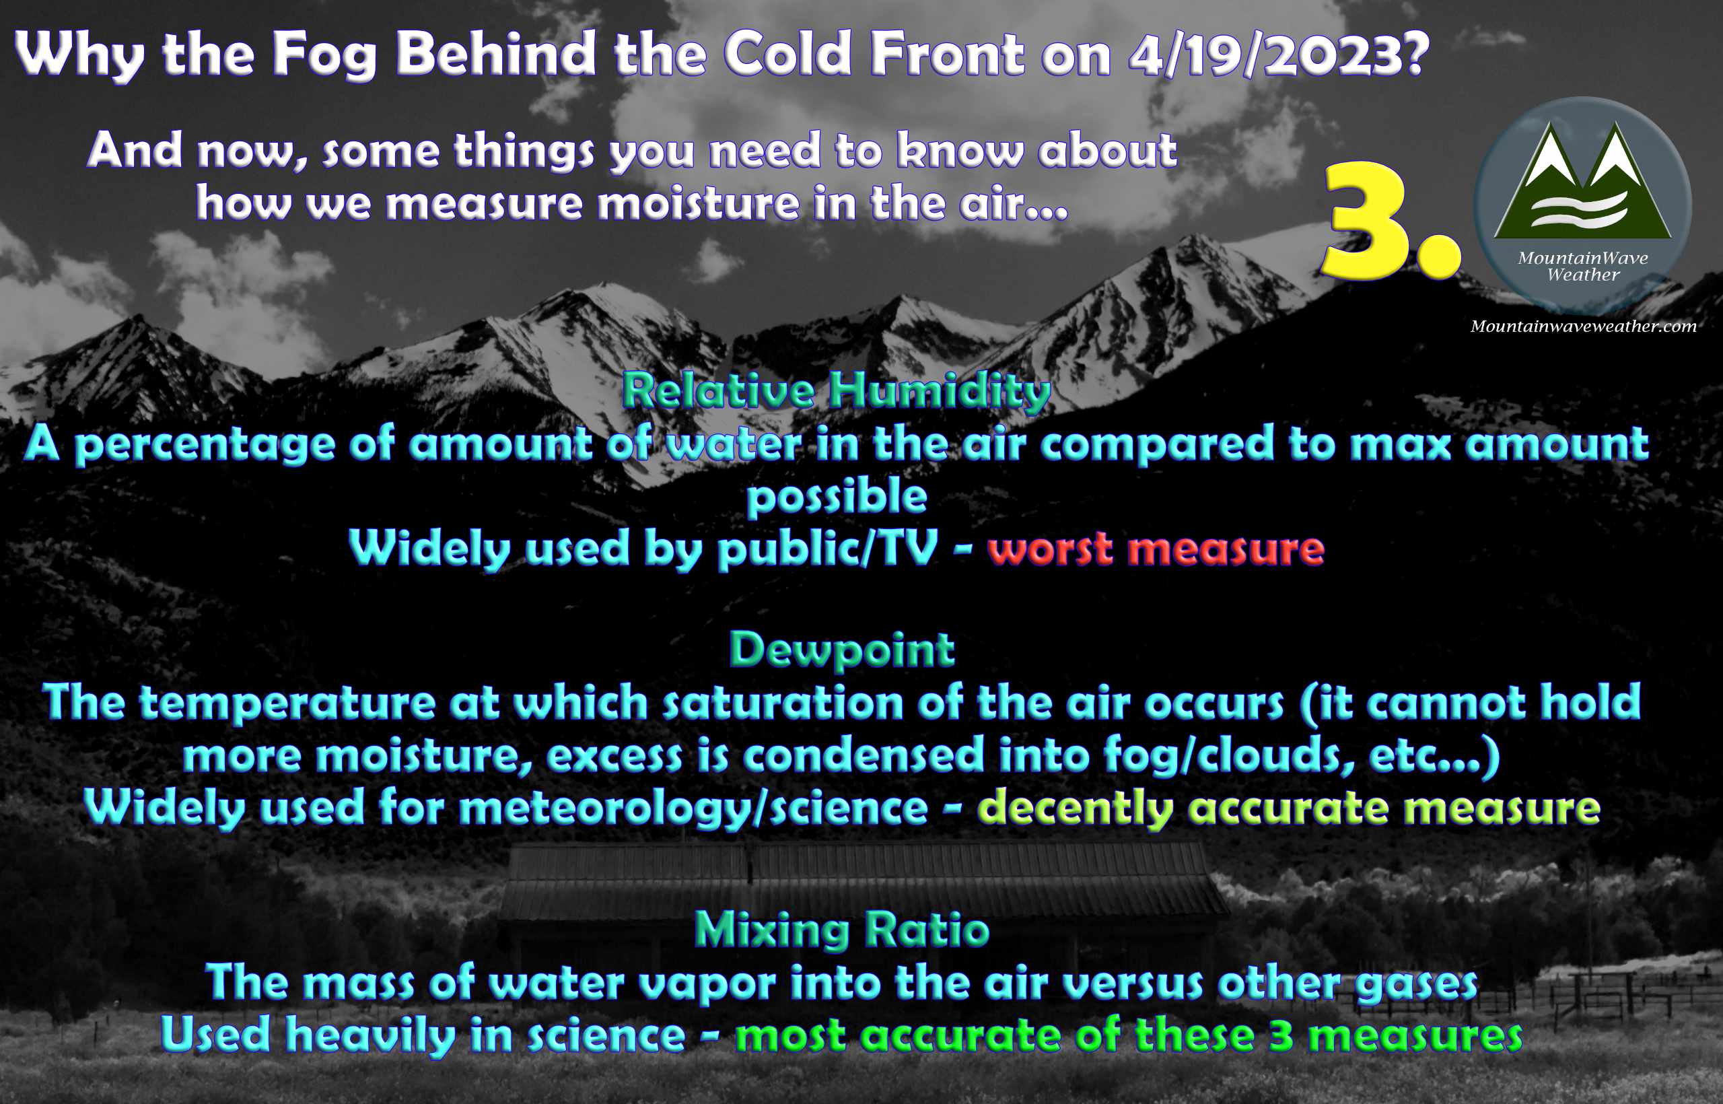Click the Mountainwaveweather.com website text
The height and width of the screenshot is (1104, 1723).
point(1583,326)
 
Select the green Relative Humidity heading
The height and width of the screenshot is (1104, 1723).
point(837,391)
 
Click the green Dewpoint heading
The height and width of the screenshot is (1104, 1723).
point(841,650)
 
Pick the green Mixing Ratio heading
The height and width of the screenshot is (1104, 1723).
point(842,930)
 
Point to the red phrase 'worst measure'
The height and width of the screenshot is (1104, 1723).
point(1156,549)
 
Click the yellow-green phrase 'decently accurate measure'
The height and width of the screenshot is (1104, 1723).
point(1290,808)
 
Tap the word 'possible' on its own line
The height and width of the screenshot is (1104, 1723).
point(837,497)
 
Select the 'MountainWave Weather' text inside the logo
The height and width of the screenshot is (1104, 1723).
point(1582,266)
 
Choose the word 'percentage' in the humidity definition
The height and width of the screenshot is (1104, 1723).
point(205,445)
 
